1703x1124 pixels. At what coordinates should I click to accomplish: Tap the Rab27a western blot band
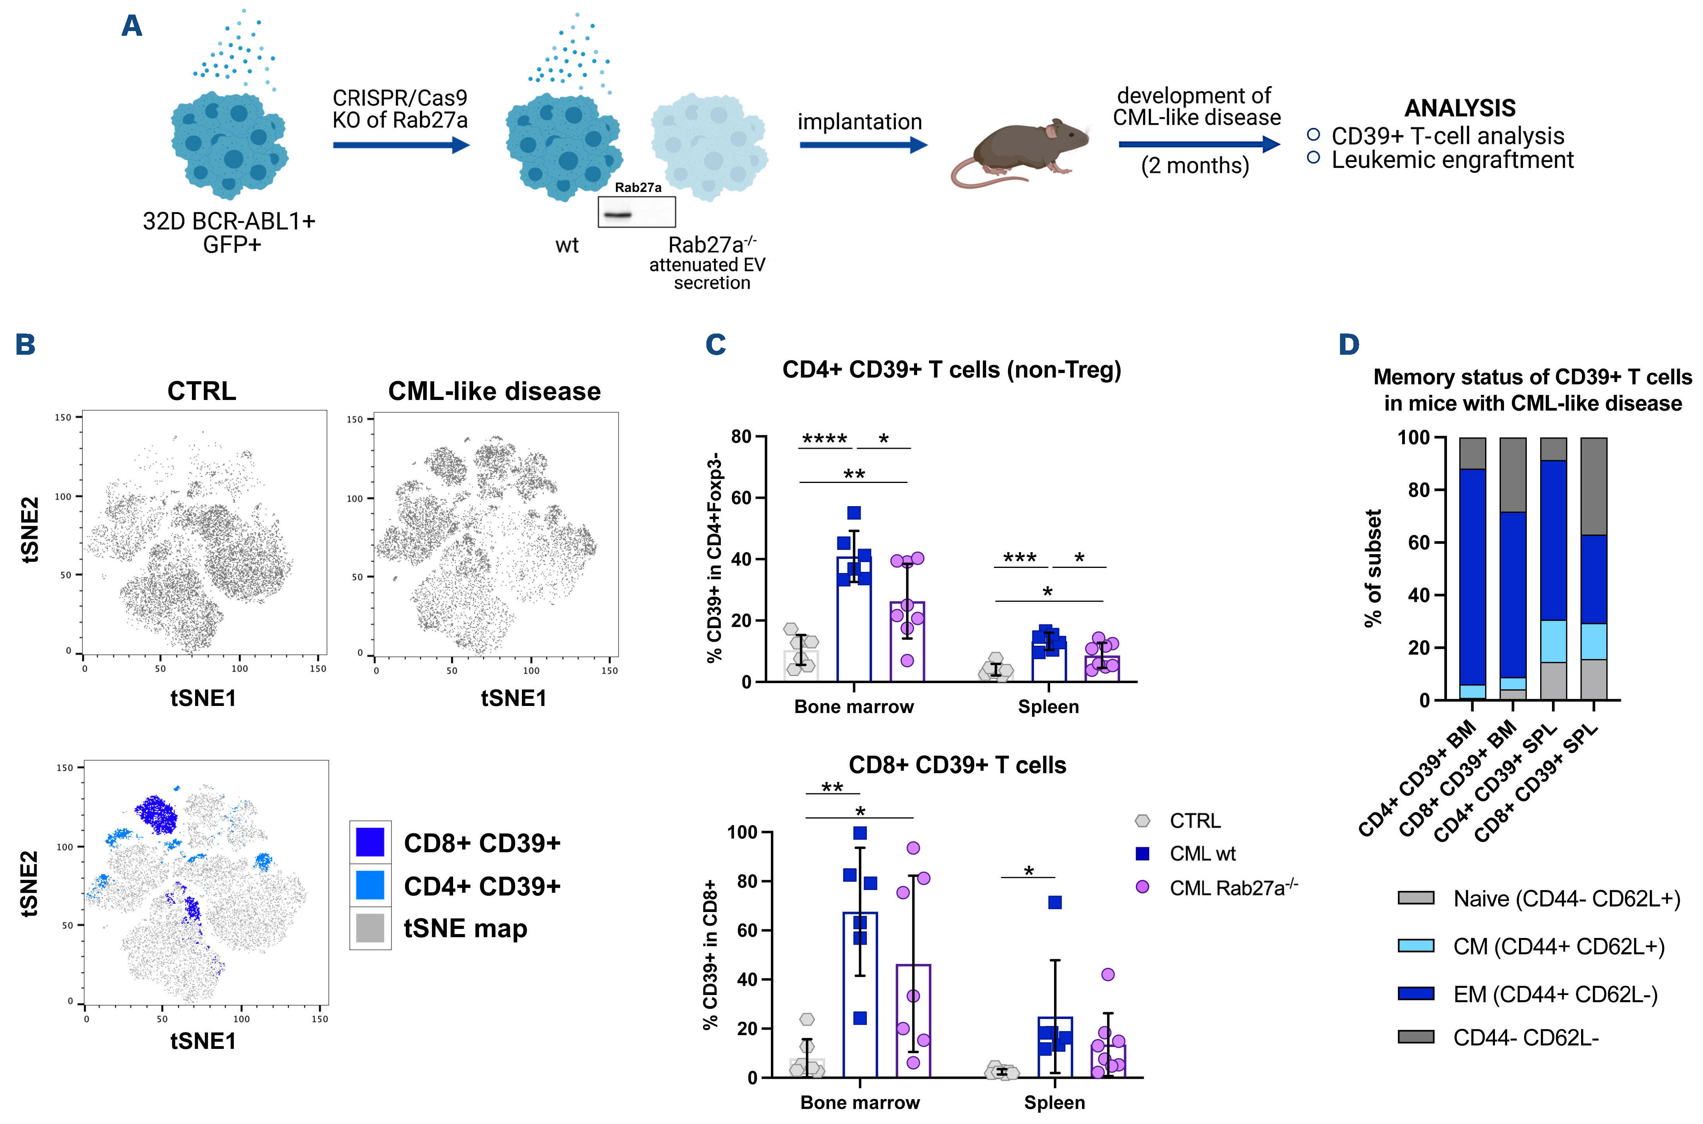click(616, 214)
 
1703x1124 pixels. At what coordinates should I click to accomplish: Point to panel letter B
click(26, 345)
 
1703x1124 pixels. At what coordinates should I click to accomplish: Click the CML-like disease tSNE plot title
click(494, 391)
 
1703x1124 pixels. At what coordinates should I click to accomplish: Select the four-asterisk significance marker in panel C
click(824, 439)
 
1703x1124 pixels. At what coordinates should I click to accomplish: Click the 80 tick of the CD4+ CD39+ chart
click(741, 437)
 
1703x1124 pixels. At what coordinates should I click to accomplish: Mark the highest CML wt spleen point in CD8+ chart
click(1054, 903)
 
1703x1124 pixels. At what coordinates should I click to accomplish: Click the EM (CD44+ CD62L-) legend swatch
click(1415, 993)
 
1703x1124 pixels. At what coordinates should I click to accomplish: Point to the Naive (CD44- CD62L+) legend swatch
click(1415, 898)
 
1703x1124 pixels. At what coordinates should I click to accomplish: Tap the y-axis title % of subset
click(1373, 568)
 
